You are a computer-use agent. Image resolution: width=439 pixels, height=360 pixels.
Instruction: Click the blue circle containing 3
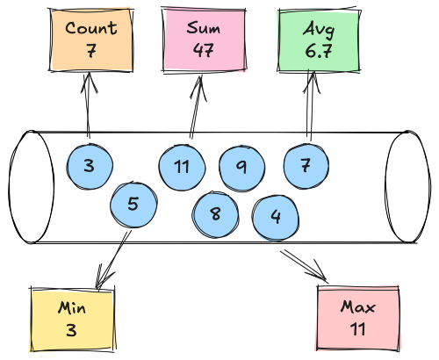90,166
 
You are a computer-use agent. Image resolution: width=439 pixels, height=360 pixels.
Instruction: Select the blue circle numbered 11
182,168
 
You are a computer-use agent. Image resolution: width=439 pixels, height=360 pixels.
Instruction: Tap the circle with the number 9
242,169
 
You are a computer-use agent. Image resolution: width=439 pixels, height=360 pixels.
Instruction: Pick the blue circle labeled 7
306,166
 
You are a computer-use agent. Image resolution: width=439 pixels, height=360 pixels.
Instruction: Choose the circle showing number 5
133,205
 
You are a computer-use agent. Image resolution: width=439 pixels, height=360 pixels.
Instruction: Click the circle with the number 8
215,214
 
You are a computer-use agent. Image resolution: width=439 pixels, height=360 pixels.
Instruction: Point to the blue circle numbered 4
276,218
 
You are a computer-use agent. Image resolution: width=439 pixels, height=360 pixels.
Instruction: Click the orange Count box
90,40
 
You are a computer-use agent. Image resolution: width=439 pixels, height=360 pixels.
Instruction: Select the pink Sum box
204,40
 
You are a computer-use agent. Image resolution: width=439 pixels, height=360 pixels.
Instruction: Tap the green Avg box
319,40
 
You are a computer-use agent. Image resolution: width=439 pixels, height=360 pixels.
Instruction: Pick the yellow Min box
73,320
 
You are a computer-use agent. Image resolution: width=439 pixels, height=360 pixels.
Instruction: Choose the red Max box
358,318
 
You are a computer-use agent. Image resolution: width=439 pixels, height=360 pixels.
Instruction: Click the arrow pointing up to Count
88,105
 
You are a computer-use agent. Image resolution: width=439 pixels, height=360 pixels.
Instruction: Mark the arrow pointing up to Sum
196,107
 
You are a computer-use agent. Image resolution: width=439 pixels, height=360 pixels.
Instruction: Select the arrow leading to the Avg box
310,105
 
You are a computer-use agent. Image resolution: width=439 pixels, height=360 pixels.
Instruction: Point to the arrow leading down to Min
112,260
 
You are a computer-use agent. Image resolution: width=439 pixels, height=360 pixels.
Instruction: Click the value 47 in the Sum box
204,50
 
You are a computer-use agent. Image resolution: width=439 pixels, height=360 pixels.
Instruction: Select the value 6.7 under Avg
319,51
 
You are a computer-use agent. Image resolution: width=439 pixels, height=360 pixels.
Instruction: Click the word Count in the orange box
91,28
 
